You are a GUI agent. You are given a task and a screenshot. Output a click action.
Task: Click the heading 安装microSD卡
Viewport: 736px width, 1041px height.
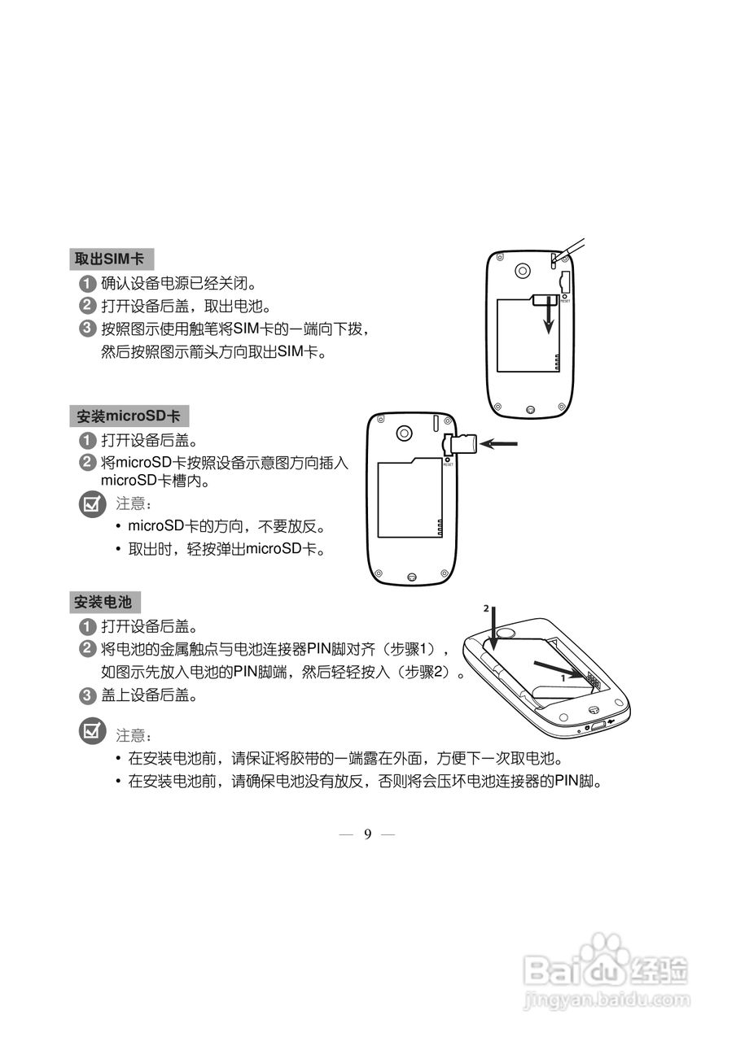[x=129, y=416]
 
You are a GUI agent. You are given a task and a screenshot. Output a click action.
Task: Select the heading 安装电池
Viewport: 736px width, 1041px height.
[x=103, y=603]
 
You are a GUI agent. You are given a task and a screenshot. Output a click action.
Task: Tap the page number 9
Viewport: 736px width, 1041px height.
[x=367, y=834]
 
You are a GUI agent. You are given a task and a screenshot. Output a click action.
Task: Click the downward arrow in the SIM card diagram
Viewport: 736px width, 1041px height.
[x=550, y=317]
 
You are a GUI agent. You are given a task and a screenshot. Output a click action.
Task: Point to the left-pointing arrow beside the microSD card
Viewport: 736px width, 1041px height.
[x=498, y=443]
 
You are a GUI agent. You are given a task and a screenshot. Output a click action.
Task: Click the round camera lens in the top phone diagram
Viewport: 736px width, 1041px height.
[x=523, y=269]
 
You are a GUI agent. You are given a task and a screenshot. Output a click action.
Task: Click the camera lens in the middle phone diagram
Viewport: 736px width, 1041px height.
[x=404, y=433]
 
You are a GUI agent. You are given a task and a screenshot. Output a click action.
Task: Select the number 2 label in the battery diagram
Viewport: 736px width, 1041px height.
[x=486, y=608]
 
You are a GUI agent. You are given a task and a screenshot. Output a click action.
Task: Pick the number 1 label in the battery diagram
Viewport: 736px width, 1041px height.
[x=563, y=676]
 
